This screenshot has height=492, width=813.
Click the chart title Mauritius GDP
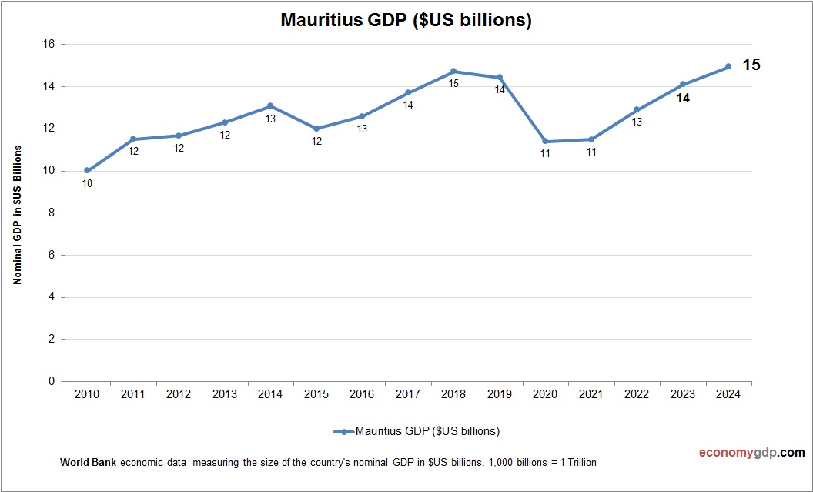406,21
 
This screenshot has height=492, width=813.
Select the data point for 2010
87,170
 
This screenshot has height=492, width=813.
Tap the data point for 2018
453,71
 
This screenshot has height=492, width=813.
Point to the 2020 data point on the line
545,141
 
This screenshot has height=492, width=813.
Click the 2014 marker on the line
270,105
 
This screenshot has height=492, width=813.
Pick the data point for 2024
728,66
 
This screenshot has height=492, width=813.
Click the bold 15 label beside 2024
751,65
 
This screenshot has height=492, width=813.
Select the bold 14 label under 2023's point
682,99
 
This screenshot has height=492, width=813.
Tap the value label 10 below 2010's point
87,183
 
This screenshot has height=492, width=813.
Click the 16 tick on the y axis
49,45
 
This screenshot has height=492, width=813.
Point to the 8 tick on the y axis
52,213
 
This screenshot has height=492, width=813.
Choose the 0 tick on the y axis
52,381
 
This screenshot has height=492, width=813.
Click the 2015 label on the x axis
316,394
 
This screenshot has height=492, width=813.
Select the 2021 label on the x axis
591,394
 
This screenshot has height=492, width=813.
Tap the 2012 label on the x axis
179,394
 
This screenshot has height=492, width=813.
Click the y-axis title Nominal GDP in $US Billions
17,213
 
